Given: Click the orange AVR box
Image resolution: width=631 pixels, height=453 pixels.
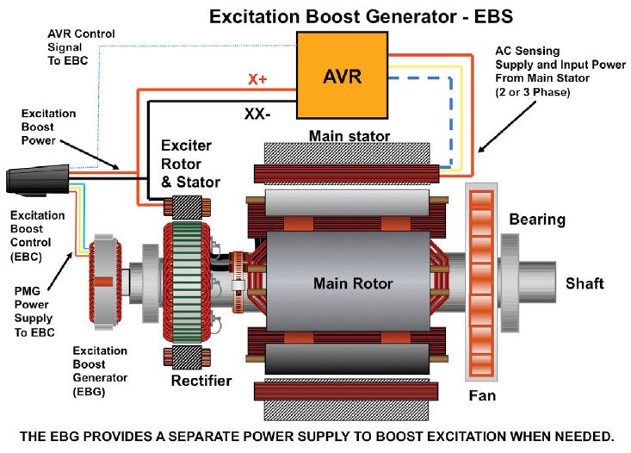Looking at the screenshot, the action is [343, 75].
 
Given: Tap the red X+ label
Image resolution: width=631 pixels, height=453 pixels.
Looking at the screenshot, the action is [257, 79].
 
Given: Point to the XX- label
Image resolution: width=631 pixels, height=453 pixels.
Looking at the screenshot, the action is [257, 115].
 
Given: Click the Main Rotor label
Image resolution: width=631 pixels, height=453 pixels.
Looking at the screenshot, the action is [353, 283].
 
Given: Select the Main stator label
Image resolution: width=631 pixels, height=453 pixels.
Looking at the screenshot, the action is [350, 136].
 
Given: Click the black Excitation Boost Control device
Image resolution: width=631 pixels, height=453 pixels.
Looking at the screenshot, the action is [38, 180].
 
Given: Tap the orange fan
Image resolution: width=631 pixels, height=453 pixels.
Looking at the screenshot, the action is [481, 282].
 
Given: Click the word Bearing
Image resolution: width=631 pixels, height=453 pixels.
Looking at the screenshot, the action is [537, 220].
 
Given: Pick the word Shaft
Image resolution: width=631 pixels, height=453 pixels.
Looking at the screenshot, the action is [585, 283].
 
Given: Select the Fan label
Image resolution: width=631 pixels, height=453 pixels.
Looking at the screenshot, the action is [482, 395].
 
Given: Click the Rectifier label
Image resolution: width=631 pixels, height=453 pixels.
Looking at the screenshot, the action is [201, 381].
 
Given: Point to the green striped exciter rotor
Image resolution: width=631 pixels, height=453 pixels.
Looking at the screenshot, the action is [187, 283].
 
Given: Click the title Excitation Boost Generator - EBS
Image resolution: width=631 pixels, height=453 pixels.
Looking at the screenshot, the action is [361, 17].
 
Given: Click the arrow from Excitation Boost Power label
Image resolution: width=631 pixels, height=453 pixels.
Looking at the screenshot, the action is [90, 155].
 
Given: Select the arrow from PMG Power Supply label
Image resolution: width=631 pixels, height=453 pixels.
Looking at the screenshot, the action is [60, 271].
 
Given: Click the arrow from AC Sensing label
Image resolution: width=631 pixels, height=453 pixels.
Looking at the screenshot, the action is [507, 127].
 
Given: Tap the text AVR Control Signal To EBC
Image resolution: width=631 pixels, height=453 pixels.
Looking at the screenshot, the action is [81, 47].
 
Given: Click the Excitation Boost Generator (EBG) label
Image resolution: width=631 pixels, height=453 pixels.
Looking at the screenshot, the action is [100, 371].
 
